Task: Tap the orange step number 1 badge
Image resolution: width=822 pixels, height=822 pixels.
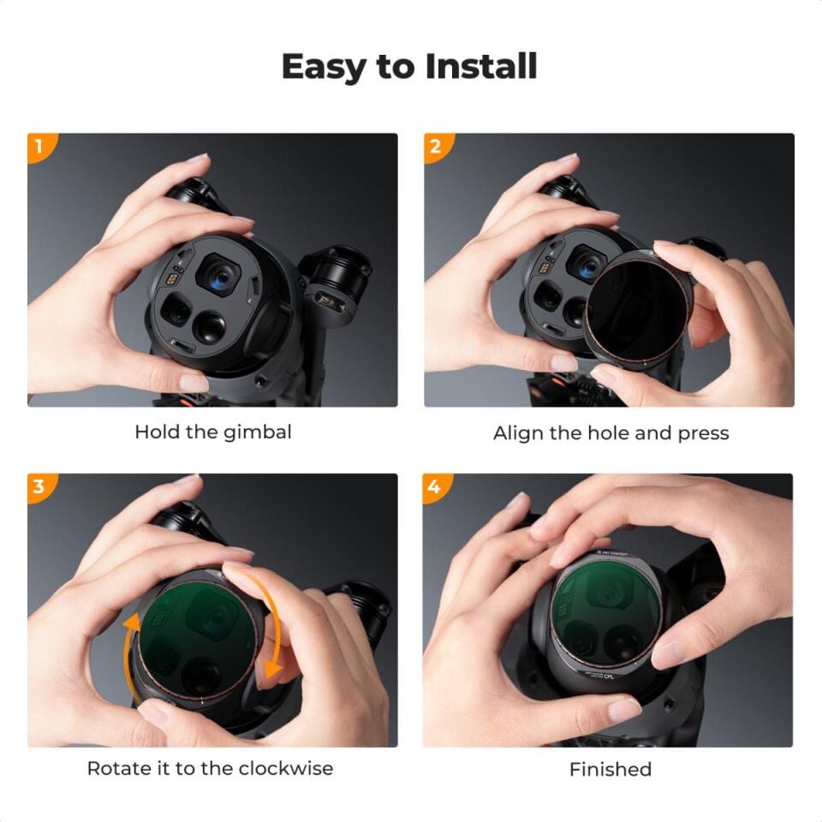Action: pyautogui.click(x=38, y=146)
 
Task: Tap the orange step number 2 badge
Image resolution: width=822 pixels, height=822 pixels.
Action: pyautogui.click(x=435, y=146)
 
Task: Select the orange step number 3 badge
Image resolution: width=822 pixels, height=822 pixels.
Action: pyautogui.click(x=38, y=486)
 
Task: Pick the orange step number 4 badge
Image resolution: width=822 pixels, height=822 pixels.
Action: pyautogui.click(x=435, y=486)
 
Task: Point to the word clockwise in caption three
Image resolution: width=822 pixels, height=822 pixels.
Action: pyautogui.click(x=286, y=768)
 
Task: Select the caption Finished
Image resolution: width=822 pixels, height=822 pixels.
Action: pyautogui.click(x=611, y=770)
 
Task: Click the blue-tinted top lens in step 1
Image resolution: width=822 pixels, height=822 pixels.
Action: pyautogui.click(x=221, y=277)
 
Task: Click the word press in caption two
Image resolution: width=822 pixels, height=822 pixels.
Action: pyautogui.click(x=703, y=434)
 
